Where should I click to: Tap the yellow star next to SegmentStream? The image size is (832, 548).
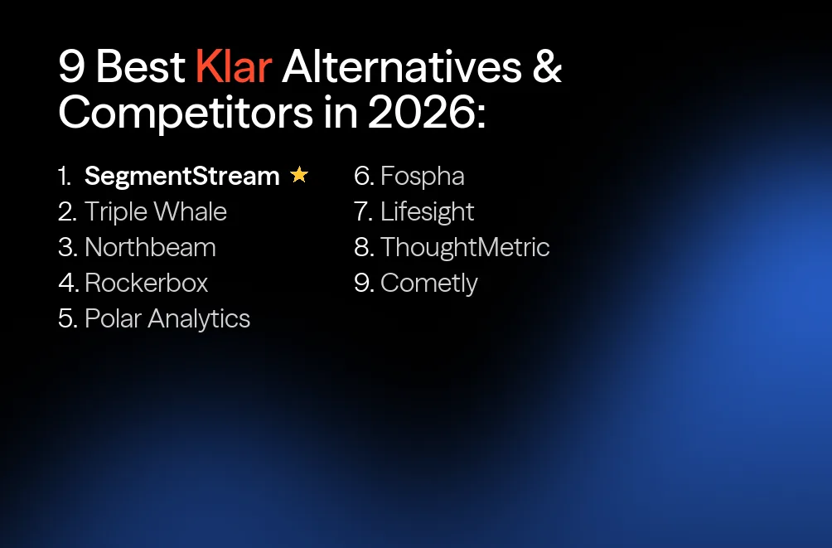pos(299,175)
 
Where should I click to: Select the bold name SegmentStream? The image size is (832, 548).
pos(182,176)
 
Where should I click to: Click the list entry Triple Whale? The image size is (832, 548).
pos(155,211)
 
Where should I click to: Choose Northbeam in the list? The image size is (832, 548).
pos(150,247)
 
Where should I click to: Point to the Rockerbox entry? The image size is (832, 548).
pos(146,283)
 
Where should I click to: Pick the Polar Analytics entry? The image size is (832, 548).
pos(167,318)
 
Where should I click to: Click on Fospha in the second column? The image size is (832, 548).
pos(422,176)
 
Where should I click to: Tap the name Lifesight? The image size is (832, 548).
pos(427,211)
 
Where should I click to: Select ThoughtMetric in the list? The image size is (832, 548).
pos(465,247)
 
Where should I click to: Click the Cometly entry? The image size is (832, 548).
pos(428,284)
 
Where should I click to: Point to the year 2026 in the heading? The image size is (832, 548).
pos(421,114)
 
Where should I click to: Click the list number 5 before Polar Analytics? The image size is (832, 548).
pos(66,318)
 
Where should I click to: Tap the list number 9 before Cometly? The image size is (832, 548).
pos(363,284)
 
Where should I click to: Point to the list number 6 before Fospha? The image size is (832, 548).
pos(363,176)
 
